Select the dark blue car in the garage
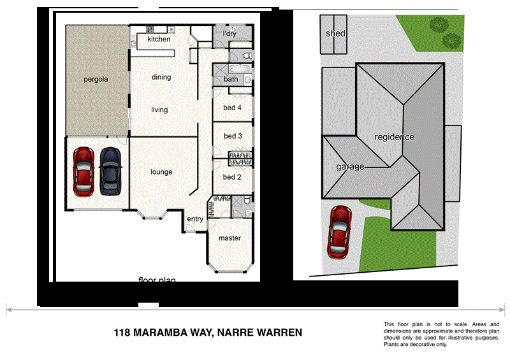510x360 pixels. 111,171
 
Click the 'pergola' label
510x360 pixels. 96,80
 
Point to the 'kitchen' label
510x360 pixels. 159,40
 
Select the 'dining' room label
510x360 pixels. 161,78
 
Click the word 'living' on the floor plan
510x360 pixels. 159,110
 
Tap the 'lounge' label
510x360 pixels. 161,172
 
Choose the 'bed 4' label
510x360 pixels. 232,108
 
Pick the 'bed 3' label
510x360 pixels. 232,136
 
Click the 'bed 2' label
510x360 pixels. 231,177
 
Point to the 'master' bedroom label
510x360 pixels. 229,238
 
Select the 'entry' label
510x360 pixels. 195,220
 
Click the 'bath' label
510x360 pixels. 230,80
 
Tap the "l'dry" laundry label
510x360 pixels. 229,33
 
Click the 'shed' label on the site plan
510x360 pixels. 335,33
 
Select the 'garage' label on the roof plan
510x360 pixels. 351,167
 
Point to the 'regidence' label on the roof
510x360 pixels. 394,137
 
